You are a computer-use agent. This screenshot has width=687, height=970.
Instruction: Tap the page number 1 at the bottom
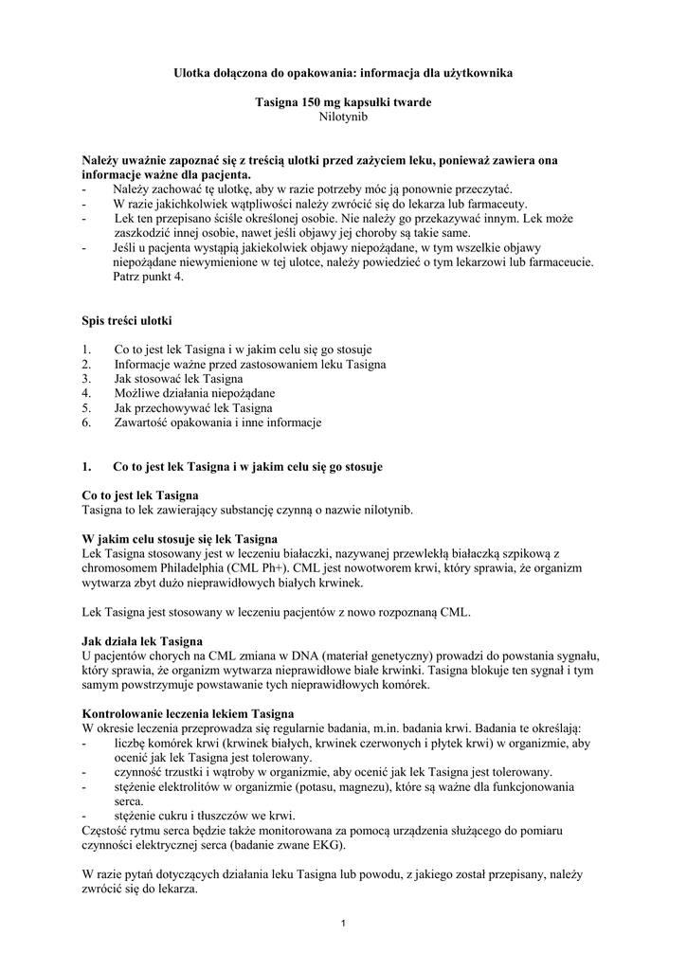(x=343, y=924)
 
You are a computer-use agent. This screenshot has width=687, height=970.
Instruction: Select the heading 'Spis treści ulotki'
(x=127, y=321)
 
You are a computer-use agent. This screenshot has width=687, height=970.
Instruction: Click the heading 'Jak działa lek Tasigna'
(x=142, y=641)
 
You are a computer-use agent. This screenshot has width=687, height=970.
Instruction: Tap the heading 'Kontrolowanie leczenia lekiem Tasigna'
(x=188, y=713)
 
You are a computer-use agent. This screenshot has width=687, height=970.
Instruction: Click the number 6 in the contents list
(x=86, y=422)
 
